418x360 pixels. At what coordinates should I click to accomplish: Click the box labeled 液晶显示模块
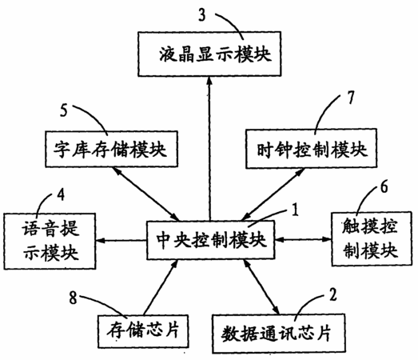209,54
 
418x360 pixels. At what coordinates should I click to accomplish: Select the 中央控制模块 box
211,240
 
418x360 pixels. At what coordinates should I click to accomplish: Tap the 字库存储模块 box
111,149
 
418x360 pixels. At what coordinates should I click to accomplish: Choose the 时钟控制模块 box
312,149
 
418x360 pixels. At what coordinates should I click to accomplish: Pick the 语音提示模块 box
50,242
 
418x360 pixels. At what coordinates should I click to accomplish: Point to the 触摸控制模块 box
372,239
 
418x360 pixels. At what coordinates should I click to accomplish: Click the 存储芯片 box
143,331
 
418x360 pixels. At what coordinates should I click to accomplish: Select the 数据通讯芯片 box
279,334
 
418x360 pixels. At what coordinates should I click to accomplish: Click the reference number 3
202,15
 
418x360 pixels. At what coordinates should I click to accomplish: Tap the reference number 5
64,110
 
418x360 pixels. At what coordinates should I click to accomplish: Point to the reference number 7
351,98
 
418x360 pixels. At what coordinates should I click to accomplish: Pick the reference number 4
61,194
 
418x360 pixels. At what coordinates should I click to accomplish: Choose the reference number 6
384,187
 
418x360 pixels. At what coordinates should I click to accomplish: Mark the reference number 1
295,210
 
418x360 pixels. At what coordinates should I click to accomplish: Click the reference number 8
73,298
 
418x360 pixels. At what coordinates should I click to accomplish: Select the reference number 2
333,294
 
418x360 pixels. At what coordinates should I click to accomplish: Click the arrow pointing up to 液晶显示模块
209,149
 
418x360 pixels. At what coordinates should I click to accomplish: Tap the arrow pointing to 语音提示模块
121,241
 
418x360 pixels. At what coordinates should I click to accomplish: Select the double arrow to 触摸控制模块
303,239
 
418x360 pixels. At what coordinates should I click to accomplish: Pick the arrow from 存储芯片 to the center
161,287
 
